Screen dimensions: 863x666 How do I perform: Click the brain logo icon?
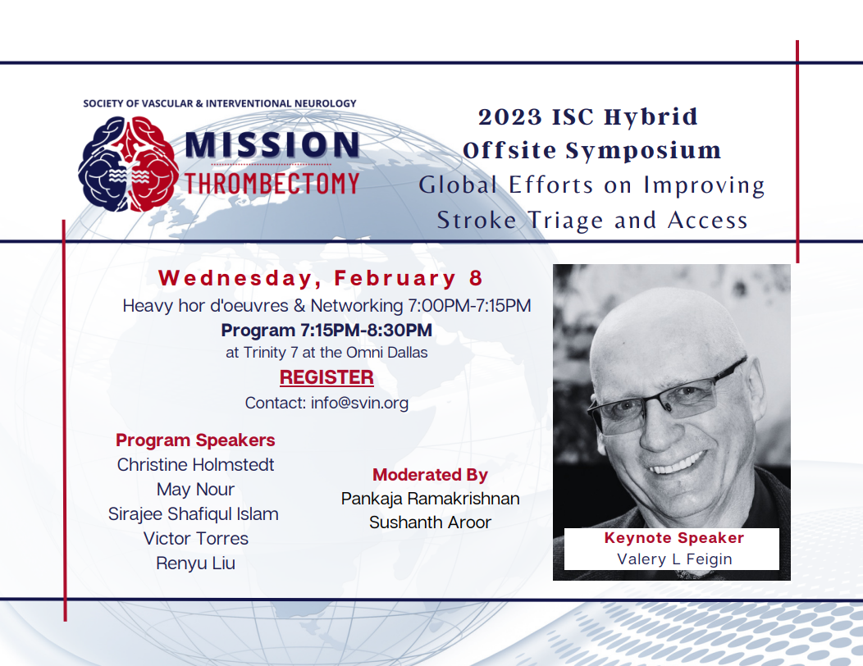pos(128,164)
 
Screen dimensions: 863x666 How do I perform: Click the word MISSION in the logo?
pos(272,144)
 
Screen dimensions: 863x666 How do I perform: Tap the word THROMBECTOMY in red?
pos(272,183)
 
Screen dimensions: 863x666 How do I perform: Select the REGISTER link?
pos(326,377)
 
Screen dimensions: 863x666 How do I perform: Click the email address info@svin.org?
pos(359,403)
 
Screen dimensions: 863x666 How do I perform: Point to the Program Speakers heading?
pos(195,440)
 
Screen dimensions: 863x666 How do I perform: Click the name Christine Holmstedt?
pos(195,464)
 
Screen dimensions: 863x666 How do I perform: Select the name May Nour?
pos(195,490)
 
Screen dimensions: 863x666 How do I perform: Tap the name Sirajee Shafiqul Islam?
pos(193,514)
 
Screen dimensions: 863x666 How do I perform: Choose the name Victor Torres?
pos(196,538)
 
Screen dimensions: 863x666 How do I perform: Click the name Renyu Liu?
pos(195,563)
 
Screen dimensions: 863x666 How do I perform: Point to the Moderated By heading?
pos(431,474)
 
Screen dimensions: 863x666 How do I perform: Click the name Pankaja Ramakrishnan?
pos(431,499)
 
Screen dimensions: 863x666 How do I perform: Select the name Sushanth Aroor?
pos(431,522)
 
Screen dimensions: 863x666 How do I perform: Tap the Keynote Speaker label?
pos(674,538)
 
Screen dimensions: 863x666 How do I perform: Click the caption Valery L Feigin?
pos(674,559)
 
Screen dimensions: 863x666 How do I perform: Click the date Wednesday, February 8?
pos(320,278)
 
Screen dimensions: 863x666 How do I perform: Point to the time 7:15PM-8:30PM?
pos(366,331)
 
